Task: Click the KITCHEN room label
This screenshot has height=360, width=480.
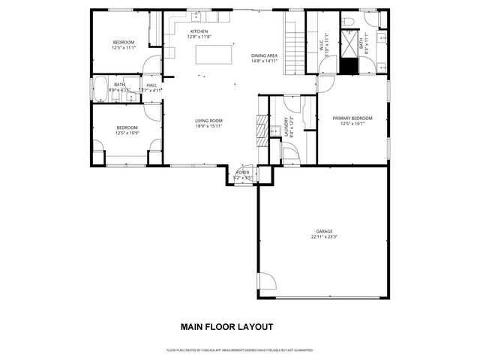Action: click(x=199, y=31)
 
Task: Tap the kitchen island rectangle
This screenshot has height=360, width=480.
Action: click(x=212, y=55)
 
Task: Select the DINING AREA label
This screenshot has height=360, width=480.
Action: click(x=265, y=55)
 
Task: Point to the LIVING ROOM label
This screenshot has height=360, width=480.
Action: click(x=208, y=121)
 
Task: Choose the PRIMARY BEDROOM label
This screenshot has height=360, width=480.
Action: click(x=352, y=118)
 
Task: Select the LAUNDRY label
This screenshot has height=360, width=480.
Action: click(x=286, y=128)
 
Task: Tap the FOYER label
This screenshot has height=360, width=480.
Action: click(x=242, y=172)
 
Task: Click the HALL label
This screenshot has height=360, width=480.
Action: click(x=151, y=85)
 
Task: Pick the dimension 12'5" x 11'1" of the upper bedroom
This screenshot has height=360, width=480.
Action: click(x=123, y=47)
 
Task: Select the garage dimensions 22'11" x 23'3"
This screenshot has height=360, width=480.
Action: click(x=324, y=237)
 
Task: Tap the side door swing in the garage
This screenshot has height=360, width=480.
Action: click(x=265, y=284)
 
